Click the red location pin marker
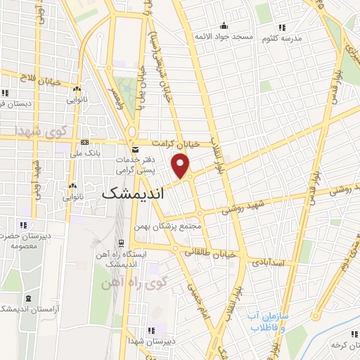(181, 167)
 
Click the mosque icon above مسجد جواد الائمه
(224, 25)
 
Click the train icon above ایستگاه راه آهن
(122, 243)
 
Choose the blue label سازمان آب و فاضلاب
(269, 323)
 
